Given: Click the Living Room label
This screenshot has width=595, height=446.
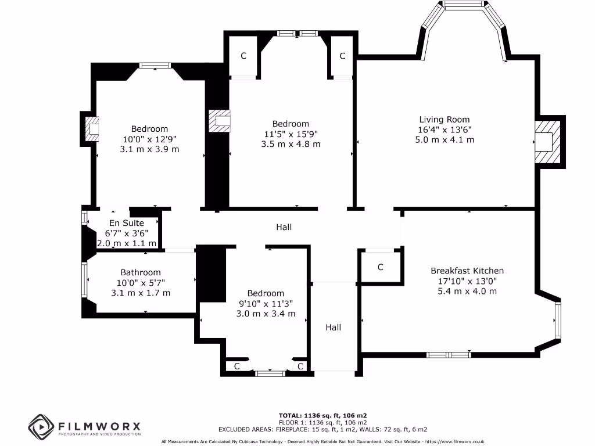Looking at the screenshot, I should coord(445,120).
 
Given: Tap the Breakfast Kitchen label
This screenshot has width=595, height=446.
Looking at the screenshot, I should coord(467,271).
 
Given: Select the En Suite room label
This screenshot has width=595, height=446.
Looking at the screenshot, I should coord(127,223).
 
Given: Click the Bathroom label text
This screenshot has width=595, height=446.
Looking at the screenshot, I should coord(141,272).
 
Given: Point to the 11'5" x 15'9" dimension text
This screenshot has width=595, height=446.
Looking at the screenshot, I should coord(291,134).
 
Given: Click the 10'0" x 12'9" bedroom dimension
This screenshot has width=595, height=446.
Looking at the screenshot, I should coord(149,139).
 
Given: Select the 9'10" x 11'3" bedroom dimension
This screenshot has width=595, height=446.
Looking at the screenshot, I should coord(266,303).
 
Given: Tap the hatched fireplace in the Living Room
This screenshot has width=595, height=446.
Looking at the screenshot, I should coord(546,142).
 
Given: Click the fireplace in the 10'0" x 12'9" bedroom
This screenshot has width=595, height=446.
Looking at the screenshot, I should coord(92,128).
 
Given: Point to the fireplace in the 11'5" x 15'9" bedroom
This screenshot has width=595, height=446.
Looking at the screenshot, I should coord(220,121).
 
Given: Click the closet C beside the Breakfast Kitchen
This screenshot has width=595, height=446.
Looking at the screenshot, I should coord(381,267).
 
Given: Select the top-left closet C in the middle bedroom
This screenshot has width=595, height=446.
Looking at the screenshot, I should coord(243,56).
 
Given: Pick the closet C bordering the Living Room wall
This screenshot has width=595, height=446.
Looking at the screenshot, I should coord(342,56).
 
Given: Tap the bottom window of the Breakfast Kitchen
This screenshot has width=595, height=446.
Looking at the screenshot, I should coord(449,354).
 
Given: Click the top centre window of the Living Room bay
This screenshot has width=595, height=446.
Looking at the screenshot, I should coord(463,5).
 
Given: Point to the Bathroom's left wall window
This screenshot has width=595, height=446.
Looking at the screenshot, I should coord(85,280).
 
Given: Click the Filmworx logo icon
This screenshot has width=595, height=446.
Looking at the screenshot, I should coord(41,427).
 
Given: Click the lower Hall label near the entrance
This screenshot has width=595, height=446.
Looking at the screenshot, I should coord(333,328).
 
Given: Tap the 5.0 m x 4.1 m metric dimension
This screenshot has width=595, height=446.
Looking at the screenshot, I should coord(445,139).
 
